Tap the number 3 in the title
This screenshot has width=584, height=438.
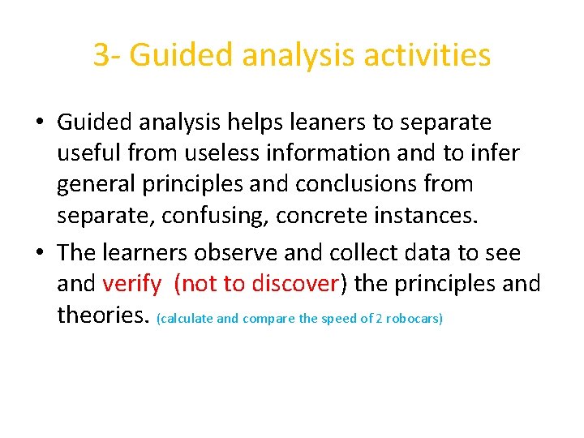(101, 56)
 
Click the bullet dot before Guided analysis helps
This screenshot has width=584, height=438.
(39, 123)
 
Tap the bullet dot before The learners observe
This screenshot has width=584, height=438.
(39, 253)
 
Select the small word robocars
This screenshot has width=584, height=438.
(413, 319)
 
